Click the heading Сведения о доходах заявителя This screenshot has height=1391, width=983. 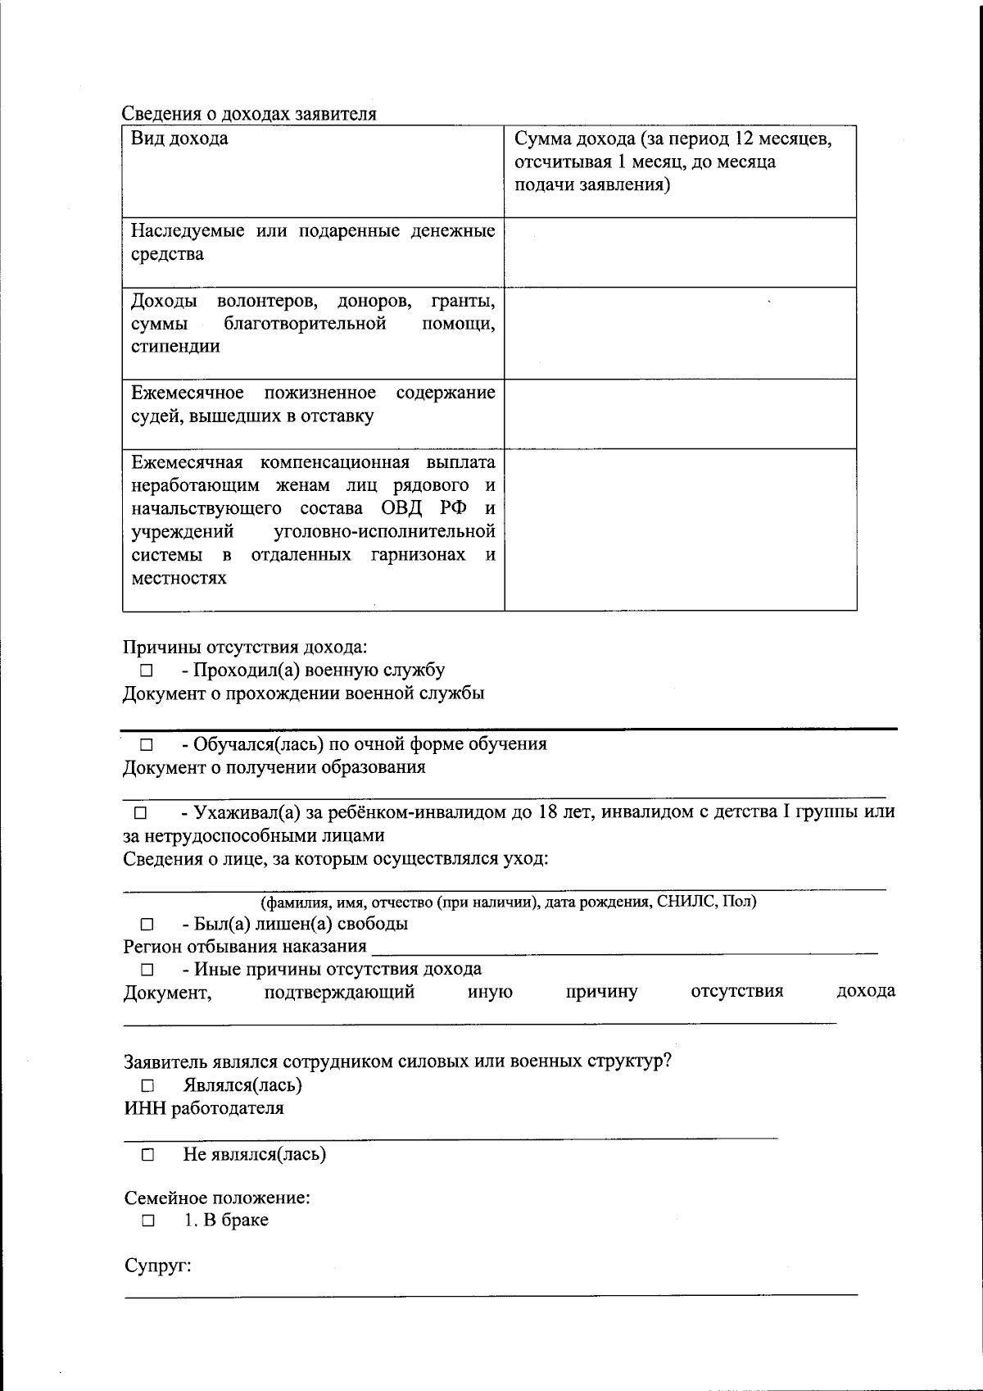[x=249, y=114]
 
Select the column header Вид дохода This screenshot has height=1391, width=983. [x=179, y=139]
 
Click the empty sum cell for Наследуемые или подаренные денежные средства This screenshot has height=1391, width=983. [x=680, y=252]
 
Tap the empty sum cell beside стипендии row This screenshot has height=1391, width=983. [x=680, y=333]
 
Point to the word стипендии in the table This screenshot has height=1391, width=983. [x=175, y=346]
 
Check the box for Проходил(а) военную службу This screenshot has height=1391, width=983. [x=147, y=671]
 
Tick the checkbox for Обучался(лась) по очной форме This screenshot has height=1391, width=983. [x=147, y=745]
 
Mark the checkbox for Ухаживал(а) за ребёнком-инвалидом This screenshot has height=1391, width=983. [x=139, y=814]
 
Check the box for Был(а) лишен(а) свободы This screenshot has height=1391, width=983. [x=147, y=925]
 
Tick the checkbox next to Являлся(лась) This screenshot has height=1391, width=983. [x=147, y=1086]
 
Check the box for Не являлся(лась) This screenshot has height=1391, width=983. [x=147, y=1156]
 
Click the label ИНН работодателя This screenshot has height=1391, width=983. [x=204, y=1109]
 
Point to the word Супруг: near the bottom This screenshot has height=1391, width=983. [x=157, y=1266]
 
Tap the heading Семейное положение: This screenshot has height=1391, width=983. [x=217, y=1198]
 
